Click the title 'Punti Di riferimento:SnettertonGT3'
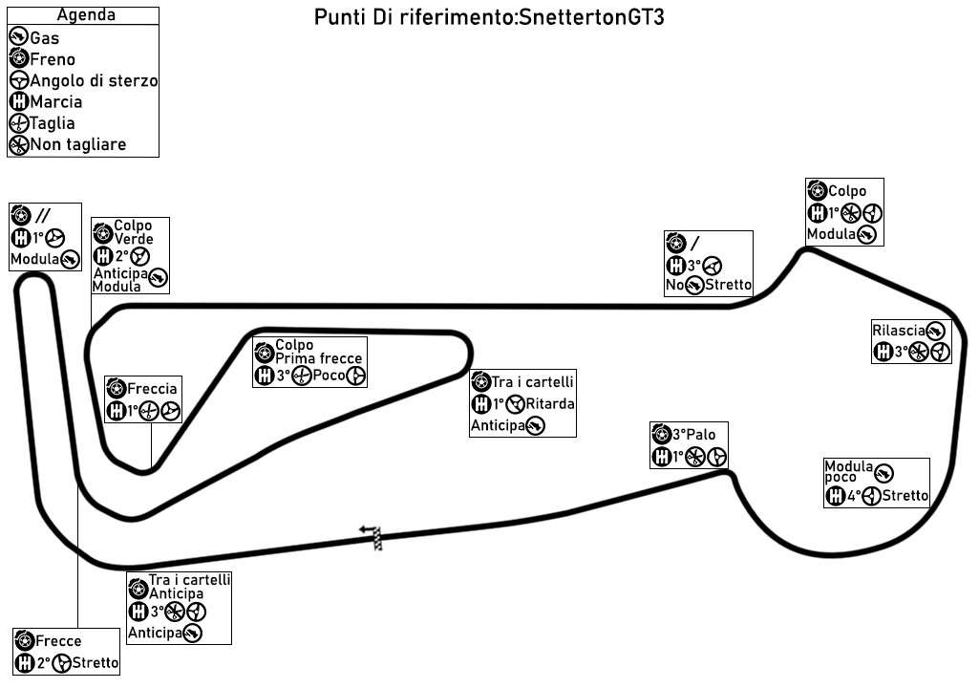pyautogui.click(x=488, y=19)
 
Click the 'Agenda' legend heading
pyautogui.click(x=86, y=15)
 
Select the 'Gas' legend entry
pyautogui.click(x=45, y=38)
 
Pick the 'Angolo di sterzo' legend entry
pyautogui.click(x=94, y=81)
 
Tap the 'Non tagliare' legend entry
pyautogui.click(x=78, y=145)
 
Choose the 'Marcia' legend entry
pyautogui.click(x=55, y=102)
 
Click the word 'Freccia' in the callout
pyautogui.click(x=152, y=389)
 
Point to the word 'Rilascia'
pyautogui.click(x=899, y=331)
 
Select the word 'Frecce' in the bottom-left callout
pyautogui.click(x=58, y=641)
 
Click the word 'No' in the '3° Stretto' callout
pyautogui.click(x=674, y=285)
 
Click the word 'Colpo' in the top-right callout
pyautogui.click(x=847, y=191)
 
